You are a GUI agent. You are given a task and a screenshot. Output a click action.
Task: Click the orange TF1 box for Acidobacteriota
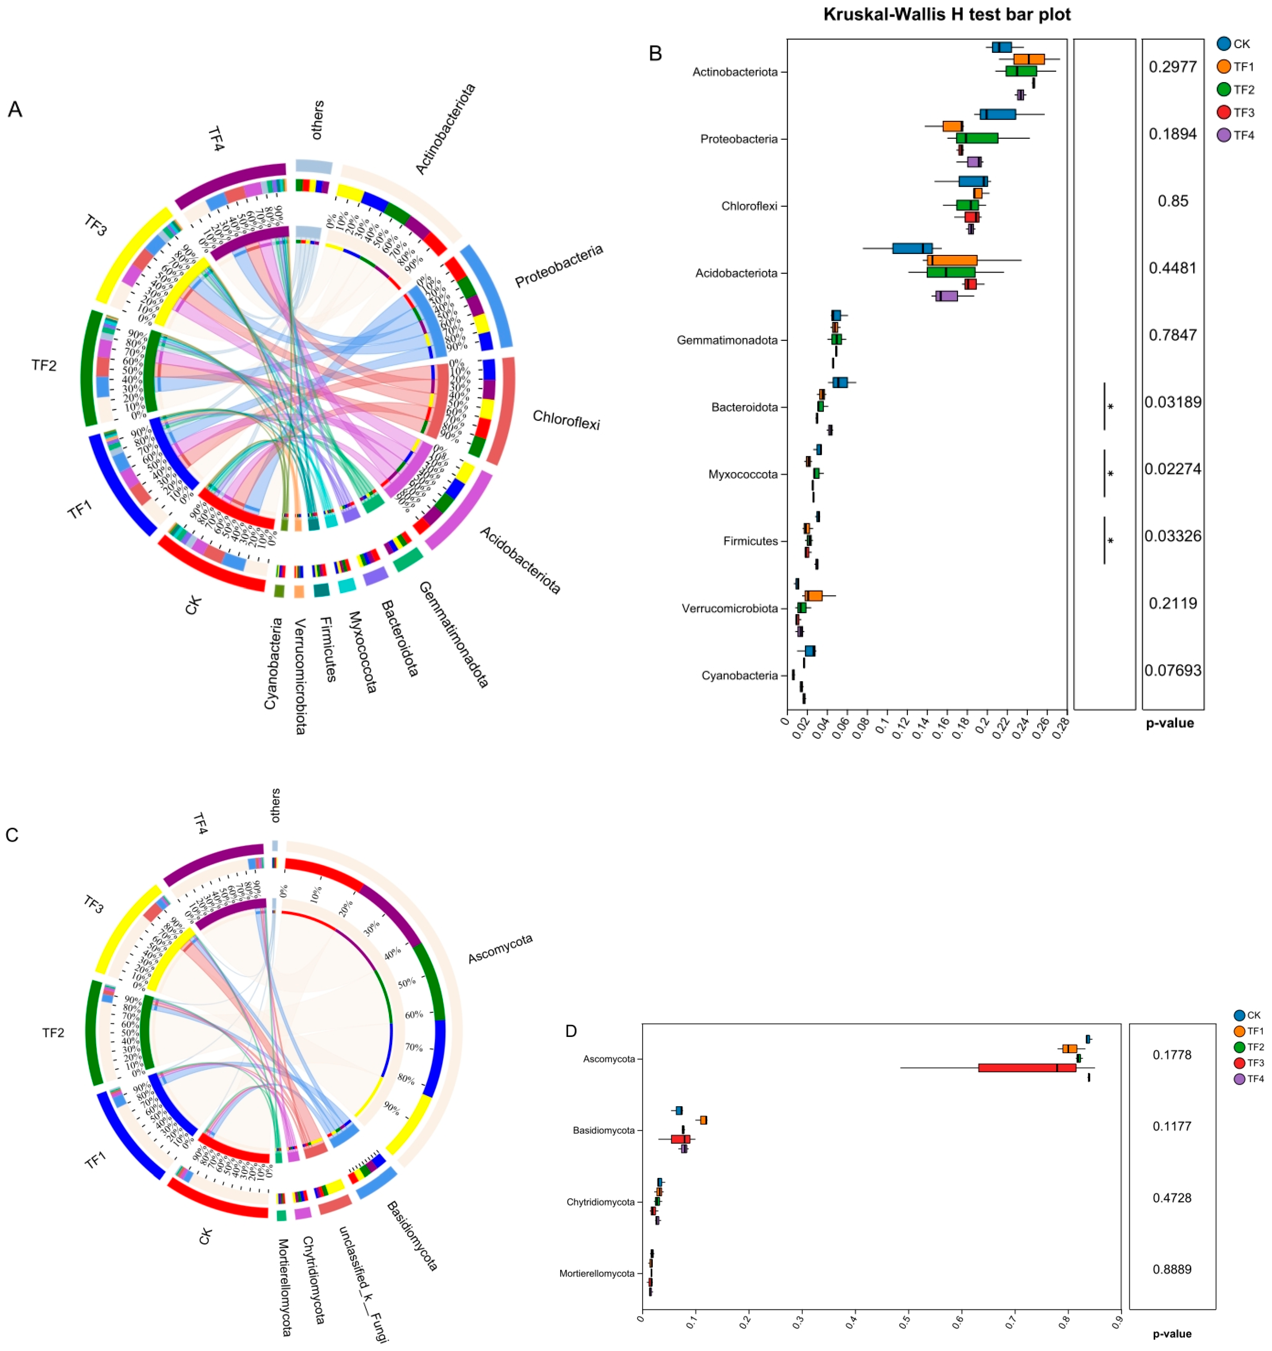pyautogui.click(x=951, y=260)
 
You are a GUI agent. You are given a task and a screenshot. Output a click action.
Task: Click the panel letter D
pyautogui.click(x=571, y=1031)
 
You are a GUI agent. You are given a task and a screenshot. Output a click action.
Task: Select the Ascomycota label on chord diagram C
pyautogui.click(x=500, y=948)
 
